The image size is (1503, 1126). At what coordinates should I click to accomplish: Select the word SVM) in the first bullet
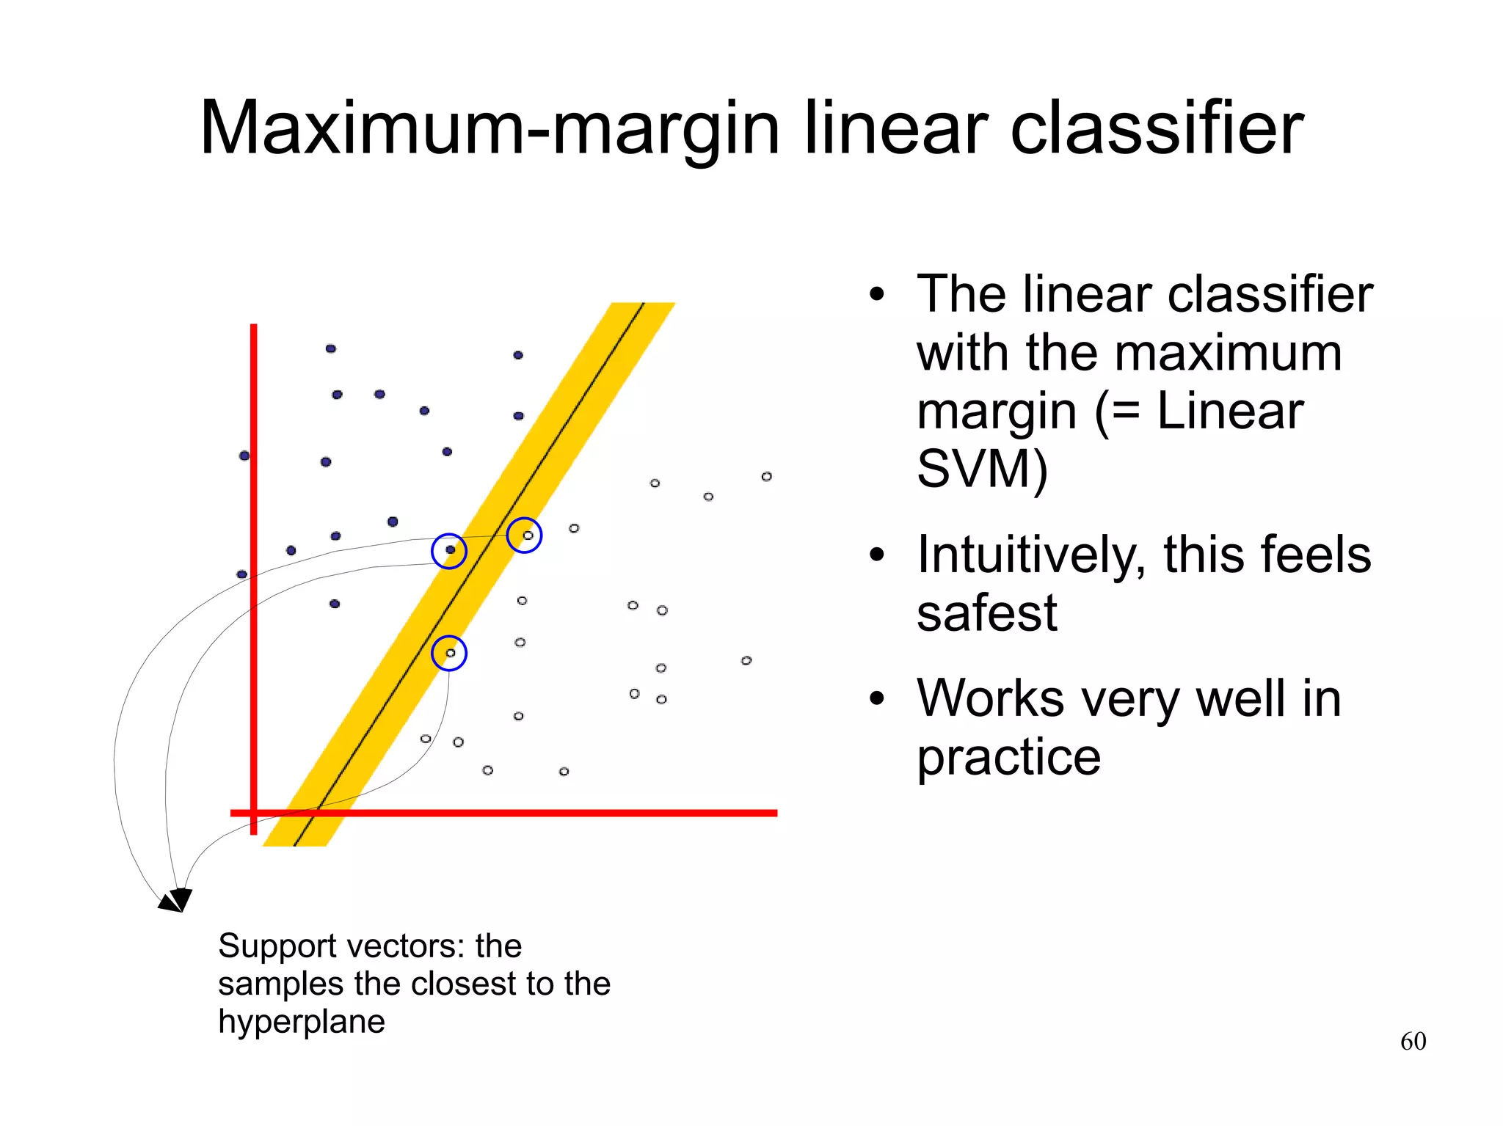coord(982,469)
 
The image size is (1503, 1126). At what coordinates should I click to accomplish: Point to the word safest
coord(986,613)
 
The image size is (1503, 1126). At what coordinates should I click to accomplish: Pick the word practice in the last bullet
coord(1008,757)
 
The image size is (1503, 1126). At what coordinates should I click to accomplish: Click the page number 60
coord(1413,1041)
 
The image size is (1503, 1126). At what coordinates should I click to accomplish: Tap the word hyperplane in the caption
coord(301,1023)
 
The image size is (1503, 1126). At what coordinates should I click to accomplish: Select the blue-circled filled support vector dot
coord(450,550)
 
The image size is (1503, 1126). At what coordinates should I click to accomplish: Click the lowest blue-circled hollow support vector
coord(450,653)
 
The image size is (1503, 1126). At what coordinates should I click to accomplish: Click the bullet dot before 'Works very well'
coord(876,699)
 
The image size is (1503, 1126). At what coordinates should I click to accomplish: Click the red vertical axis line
coord(254,513)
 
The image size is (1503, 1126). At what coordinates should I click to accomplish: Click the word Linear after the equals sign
coord(1230,412)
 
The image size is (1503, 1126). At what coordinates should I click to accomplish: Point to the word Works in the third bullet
coord(990,698)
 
